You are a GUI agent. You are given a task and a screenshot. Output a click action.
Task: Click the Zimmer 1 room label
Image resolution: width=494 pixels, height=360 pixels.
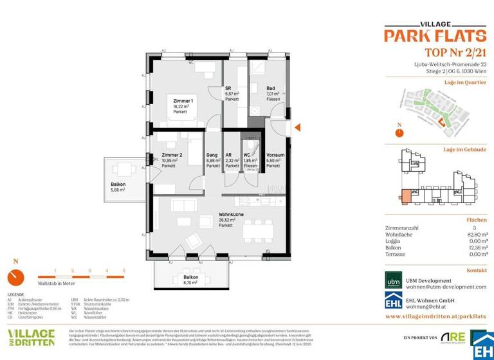[x=183, y=101]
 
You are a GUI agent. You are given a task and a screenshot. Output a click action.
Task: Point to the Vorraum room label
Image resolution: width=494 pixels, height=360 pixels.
[x=275, y=155]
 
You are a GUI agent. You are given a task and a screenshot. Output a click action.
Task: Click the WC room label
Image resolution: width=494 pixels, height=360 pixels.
[x=247, y=155]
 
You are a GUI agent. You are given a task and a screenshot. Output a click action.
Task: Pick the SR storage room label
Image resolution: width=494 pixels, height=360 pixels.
[x=228, y=88]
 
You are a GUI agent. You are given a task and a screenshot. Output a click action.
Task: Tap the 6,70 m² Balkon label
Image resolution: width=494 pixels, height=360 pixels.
[x=190, y=278]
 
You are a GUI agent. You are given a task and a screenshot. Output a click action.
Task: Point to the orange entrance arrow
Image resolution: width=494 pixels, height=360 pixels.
[x=297, y=127]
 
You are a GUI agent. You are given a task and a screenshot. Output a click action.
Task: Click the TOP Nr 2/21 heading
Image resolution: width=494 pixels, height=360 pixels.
[x=456, y=53]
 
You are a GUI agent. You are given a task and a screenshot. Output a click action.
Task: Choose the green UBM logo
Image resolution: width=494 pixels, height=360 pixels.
[x=393, y=280]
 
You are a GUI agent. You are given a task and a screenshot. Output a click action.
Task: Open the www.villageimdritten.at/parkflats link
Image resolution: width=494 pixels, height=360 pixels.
[x=435, y=316]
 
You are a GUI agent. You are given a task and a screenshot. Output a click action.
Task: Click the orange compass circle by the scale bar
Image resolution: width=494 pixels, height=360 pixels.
[x=15, y=278]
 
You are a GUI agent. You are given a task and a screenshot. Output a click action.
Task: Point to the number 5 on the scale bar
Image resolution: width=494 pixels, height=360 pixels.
[x=123, y=271]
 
